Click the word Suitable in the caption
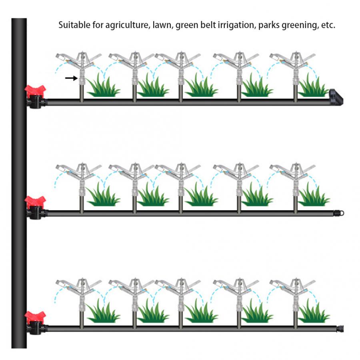74,25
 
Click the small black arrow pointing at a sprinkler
72,78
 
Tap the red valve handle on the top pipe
35,91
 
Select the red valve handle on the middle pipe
35,202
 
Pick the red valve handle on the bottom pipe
35,317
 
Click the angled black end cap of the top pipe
336,97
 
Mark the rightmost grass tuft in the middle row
314,195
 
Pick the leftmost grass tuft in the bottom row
103,311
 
